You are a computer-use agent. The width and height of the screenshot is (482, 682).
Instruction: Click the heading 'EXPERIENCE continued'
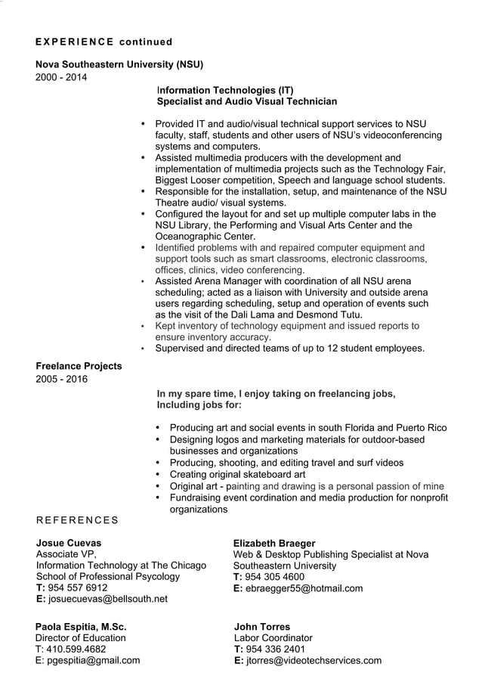(x=104, y=42)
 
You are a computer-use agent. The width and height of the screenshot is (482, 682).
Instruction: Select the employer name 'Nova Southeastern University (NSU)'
(x=119, y=64)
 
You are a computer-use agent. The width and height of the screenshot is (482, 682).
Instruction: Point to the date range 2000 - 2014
(x=61, y=76)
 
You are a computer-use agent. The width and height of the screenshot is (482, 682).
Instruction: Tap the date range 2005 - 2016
(x=61, y=379)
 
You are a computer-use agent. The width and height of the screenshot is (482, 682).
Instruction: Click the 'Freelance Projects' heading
(x=79, y=366)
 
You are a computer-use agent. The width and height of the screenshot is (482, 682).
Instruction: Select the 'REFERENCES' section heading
(x=77, y=520)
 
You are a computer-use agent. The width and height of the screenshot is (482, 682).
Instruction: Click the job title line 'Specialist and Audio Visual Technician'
(x=246, y=101)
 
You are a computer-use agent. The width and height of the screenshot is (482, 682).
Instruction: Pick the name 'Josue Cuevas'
(x=68, y=543)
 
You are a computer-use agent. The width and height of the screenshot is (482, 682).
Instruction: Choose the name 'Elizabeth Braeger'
(x=274, y=543)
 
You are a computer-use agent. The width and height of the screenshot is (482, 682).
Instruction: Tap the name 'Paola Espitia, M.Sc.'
(x=81, y=627)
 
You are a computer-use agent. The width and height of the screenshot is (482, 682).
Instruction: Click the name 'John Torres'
(x=262, y=627)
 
